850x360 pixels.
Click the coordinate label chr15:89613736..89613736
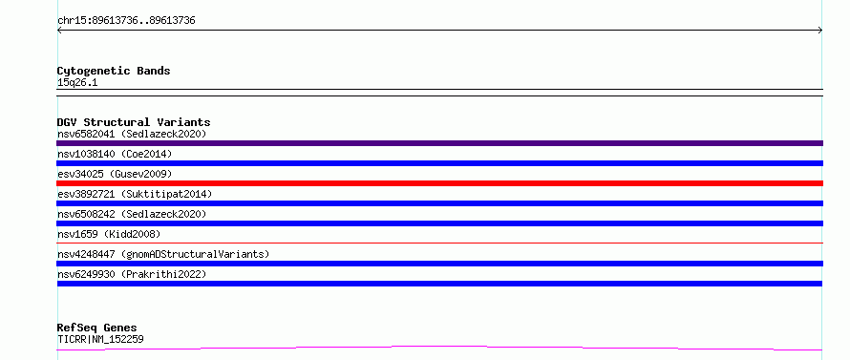pyautogui.click(x=126, y=21)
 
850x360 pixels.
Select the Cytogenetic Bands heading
pyautogui.click(x=114, y=71)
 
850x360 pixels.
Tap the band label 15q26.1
pyautogui.click(x=77, y=83)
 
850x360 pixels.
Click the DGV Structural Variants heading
pyautogui.click(x=134, y=122)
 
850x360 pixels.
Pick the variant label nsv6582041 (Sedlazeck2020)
pyautogui.click(x=132, y=134)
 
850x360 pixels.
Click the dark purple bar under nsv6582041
pyautogui.click(x=439, y=143)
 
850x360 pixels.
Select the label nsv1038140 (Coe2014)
pyautogui.click(x=115, y=154)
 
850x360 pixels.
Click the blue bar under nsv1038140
pyautogui.click(x=439, y=163)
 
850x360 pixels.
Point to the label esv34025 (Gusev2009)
pyautogui.click(x=115, y=174)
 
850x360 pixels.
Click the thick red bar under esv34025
pyautogui.click(x=439, y=183)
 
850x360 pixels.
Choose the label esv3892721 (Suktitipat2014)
pyautogui.click(x=135, y=194)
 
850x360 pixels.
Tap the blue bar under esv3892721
pyautogui.click(x=439, y=203)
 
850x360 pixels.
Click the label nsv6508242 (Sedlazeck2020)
pyautogui.click(x=132, y=214)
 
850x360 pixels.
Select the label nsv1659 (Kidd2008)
pyautogui.click(x=109, y=234)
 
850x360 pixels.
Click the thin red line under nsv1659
pyautogui.click(x=439, y=243)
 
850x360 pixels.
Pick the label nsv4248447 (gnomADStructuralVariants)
pyautogui.click(x=163, y=254)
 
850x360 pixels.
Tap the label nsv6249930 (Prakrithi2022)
pyautogui.click(x=132, y=274)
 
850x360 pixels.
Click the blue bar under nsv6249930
pyautogui.click(x=439, y=284)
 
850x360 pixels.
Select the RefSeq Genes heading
pyautogui.click(x=97, y=328)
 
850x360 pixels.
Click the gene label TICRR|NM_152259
pyautogui.click(x=100, y=340)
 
